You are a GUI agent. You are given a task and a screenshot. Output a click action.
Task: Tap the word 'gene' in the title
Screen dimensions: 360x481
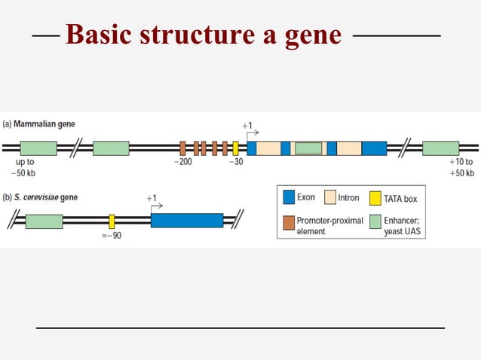(x=313, y=35)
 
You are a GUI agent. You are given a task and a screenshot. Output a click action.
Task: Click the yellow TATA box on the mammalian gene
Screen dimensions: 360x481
(x=235, y=148)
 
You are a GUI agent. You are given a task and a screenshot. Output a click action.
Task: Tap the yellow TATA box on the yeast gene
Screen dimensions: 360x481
(x=112, y=221)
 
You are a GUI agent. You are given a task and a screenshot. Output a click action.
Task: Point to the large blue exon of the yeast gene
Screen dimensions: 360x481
(x=187, y=221)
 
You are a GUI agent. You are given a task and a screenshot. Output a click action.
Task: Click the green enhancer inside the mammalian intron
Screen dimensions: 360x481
(x=308, y=148)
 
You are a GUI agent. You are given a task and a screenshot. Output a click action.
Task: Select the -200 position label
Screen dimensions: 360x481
(x=182, y=162)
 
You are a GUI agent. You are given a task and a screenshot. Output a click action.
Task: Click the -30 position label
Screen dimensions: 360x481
(x=235, y=162)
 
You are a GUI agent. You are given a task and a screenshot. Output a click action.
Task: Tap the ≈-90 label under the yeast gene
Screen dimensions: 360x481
(x=112, y=236)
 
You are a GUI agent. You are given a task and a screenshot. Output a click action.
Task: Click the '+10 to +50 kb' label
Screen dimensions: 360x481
(x=461, y=167)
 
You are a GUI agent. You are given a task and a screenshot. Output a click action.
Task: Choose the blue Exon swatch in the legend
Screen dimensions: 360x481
(x=289, y=198)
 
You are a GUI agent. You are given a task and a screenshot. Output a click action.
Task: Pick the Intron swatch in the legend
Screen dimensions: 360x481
(x=329, y=198)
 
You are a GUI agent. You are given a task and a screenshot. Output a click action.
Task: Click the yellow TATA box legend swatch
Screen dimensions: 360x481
(x=375, y=198)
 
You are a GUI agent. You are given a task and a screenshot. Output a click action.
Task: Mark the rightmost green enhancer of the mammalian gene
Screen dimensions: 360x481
(x=440, y=148)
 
